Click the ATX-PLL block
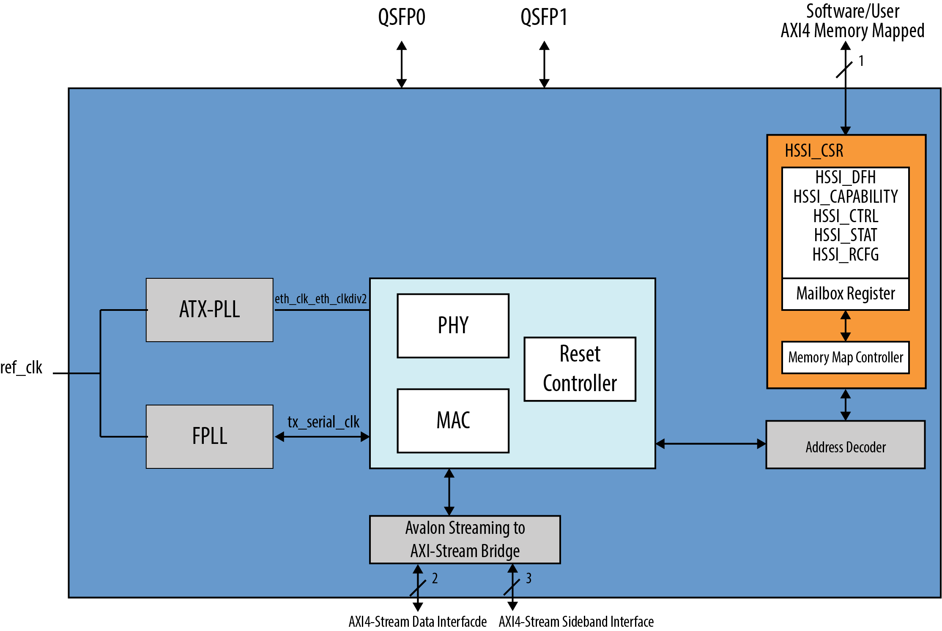[x=209, y=310]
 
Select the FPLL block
[x=209, y=436]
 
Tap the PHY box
[x=453, y=326]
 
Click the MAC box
[x=453, y=421]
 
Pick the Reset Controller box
[x=580, y=369]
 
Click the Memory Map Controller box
[x=845, y=357]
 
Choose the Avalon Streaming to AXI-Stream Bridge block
[x=465, y=539]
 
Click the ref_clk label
[x=21, y=367]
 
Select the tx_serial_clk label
[x=323, y=422]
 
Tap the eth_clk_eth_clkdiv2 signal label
[x=320, y=299]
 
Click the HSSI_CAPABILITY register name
[x=845, y=197]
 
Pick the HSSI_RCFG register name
[x=845, y=255]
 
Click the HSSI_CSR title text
[x=814, y=151]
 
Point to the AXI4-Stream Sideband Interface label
[x=576, y=622]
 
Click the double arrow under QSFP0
[x=402, y=64]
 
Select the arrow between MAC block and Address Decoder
[x=710, y=443]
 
